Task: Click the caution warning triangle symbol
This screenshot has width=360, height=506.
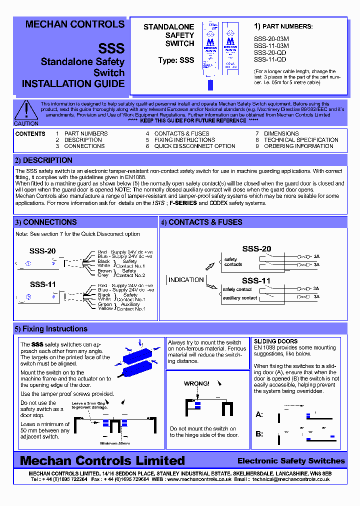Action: [25, 110]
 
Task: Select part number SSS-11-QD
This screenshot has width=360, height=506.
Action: [270, 59]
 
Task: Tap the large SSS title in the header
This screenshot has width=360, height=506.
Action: [111, 48]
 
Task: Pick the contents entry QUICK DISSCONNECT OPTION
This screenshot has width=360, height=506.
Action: [194, 146]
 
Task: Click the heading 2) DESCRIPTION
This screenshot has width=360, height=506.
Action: [43, 160]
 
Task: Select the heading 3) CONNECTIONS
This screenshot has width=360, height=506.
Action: [45, 222]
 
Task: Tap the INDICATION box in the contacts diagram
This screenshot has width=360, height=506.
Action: [186, 279]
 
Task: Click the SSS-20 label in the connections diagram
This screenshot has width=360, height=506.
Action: [43, 251]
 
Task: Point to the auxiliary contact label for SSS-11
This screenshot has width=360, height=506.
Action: [239, 298]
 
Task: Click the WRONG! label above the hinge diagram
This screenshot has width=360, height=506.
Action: [196, 383]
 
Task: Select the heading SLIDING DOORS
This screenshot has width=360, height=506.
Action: [275, 341]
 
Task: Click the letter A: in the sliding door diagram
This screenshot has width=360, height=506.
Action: [259, 414]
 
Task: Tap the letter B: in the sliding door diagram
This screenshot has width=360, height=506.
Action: [259, 434]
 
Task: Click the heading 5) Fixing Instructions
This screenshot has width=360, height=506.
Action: [51, 329]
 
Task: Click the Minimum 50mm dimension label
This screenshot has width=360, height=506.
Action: [114, 443]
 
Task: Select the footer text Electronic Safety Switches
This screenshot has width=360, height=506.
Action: [291, 460]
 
